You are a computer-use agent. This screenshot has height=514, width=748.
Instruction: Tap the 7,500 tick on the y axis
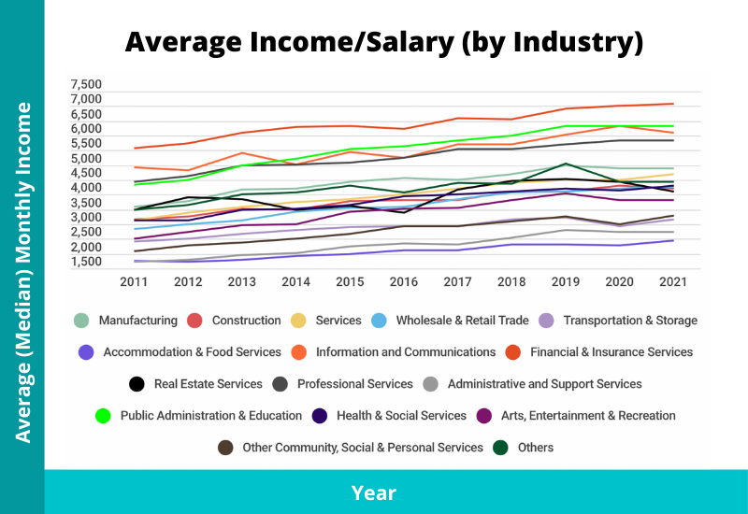click(x=85, y=84)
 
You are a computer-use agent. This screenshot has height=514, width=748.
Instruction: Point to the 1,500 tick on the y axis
click(x=85, y=263)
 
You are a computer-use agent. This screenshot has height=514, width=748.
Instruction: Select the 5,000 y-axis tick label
click(x=85, y=158)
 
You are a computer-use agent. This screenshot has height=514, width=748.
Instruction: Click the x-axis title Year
click(x=374, y=493)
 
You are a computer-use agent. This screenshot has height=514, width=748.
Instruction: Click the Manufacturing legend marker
click(x=83, y=321)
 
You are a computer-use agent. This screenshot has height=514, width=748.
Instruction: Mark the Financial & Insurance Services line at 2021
click(x=673, y=104)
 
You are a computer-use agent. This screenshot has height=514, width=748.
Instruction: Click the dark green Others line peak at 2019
click(x=566, y=164)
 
